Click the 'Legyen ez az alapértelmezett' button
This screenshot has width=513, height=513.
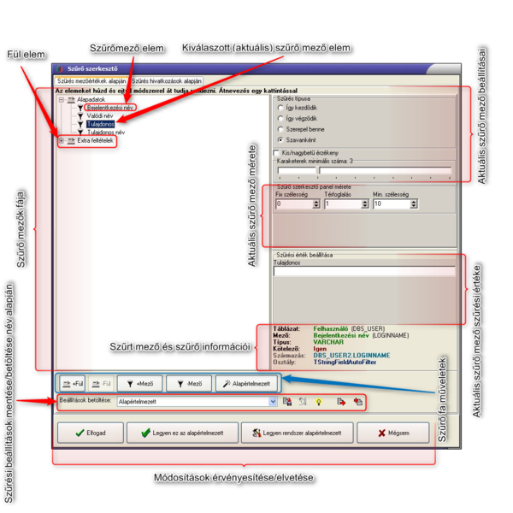tap(181, 433)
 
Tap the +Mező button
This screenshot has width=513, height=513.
tap(141, 384)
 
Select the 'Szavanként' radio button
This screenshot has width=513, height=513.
tap(280, 139)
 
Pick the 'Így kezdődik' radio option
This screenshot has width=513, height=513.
tap(280, 109)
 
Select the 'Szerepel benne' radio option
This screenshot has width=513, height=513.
tap(280, 128)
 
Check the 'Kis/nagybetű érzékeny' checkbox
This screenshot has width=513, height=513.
tap(276, 152)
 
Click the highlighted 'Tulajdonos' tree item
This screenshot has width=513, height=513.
tap(102, 124)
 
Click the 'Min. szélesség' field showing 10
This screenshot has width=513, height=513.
tap(391, 204)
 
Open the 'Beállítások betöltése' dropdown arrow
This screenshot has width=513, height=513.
tap(273, 400)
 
